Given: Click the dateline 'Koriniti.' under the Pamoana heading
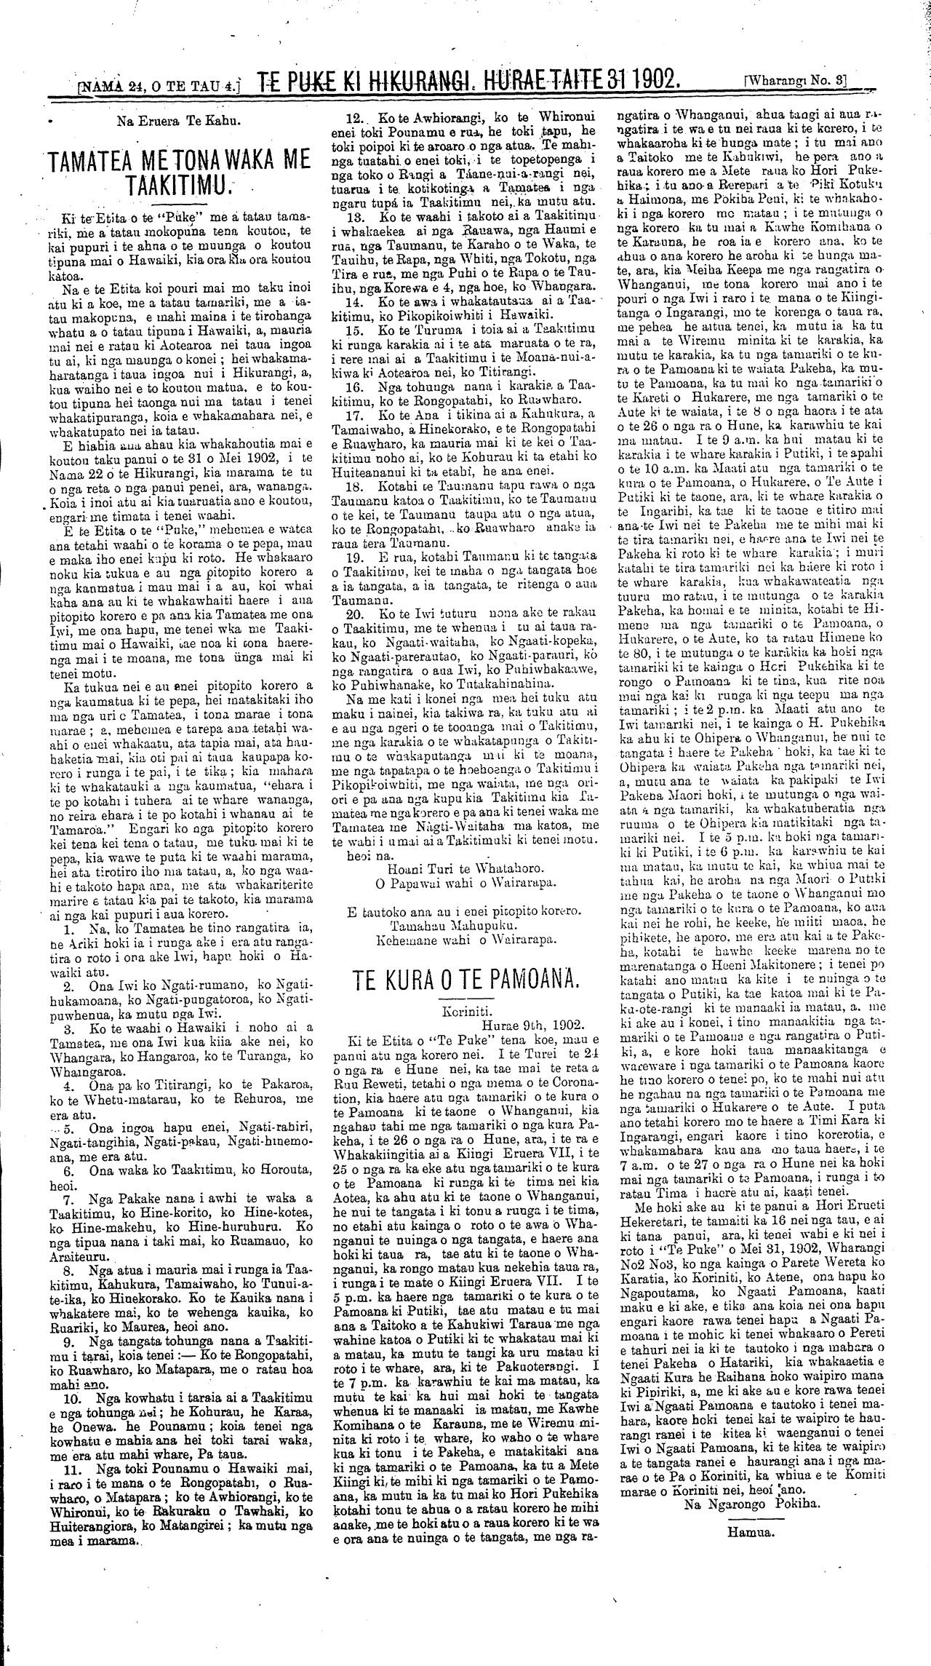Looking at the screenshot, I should pyautogui.click(x=465, y=1011).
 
